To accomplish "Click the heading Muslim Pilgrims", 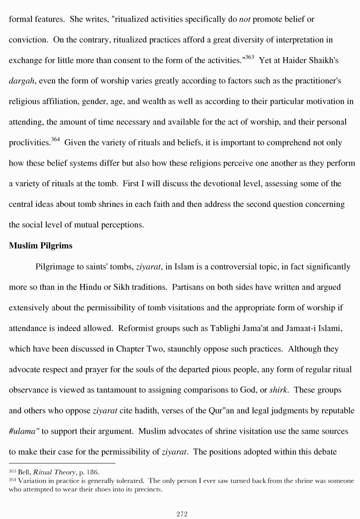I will (x=41, y=246).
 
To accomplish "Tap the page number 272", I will (x=182, y=513).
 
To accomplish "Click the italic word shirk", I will (x=278, y=390).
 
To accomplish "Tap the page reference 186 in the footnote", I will (x=93, y=471).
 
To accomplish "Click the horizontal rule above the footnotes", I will (x=62, y=463).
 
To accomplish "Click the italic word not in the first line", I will (x=245, y=19).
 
